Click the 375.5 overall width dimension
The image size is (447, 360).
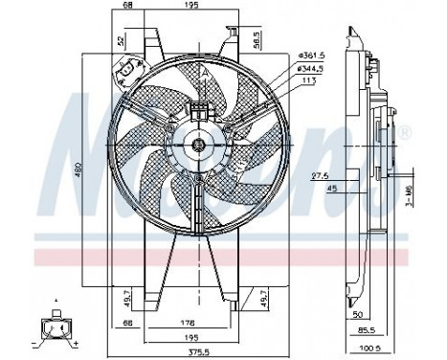[x=198, y=350]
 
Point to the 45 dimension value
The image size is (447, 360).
[x=330, y=189]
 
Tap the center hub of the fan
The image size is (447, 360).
[x=198, y=145]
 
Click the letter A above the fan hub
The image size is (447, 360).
[x=204, y=72]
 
